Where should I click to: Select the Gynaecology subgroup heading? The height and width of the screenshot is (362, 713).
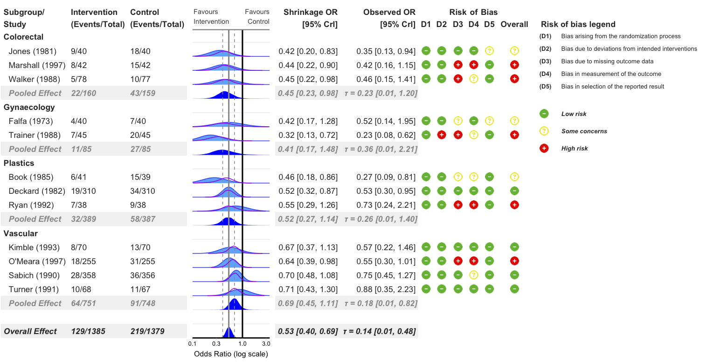[x=29, y=107]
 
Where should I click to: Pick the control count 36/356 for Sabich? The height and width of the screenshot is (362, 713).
[x=143, y=275]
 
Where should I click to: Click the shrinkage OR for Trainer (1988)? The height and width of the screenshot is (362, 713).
[x=308, y=135]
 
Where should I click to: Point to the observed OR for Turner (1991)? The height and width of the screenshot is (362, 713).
[x=386, y=289]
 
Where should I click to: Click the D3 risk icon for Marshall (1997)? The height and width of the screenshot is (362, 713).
[x=458, y=65]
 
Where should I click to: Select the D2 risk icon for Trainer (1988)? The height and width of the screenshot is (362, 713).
[x=442, y=135]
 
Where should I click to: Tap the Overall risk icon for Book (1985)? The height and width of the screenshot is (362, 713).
[x=514, y=177]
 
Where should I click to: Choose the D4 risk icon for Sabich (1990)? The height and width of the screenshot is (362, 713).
[x=473, y=275]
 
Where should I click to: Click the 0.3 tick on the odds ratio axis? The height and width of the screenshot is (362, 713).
[x=217, y=344]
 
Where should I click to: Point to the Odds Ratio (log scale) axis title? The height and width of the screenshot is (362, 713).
[x=231, y=354]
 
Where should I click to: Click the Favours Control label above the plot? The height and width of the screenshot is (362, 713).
[x=257, y=17]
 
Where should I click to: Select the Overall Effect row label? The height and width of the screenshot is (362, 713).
[x=30, y=331]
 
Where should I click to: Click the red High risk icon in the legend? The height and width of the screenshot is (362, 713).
[x=544, y=148]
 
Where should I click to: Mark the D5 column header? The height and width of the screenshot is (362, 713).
[x=489, y=24]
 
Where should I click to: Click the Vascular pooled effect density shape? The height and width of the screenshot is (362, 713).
[x=234, y=304]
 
